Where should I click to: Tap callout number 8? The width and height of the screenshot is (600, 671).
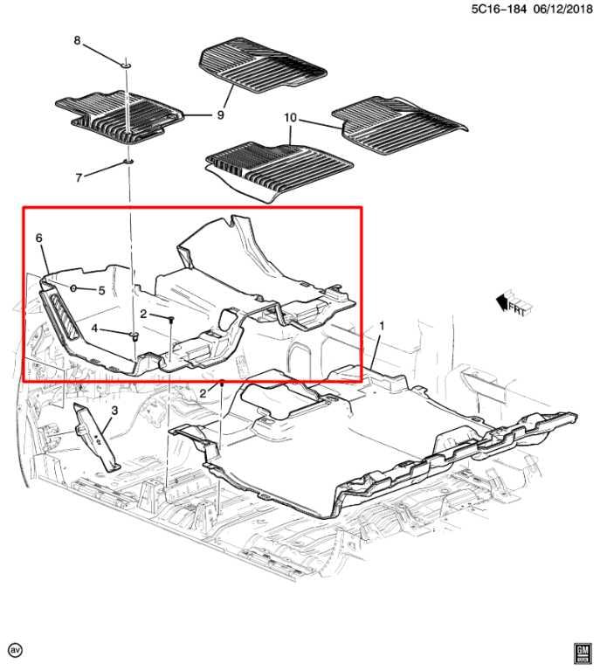pos(77,41)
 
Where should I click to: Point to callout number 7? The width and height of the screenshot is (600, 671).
pos(79,177)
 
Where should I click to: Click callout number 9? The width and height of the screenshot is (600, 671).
pos(221,114)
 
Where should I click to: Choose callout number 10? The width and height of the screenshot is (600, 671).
pos(291,117)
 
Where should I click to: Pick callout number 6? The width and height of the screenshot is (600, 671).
pos(39,238)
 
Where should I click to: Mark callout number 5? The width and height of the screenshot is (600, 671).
pos(101,290)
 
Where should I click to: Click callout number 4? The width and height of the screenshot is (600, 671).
pos(95,329)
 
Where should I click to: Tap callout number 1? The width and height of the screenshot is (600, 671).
pos(381,326)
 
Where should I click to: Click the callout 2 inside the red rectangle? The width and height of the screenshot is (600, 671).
pos(142,314)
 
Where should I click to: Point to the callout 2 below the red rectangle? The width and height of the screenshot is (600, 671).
pos(203,393)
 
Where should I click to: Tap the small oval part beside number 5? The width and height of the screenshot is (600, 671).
pos(75,288)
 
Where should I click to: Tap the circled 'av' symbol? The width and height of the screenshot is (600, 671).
pos(15,650)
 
